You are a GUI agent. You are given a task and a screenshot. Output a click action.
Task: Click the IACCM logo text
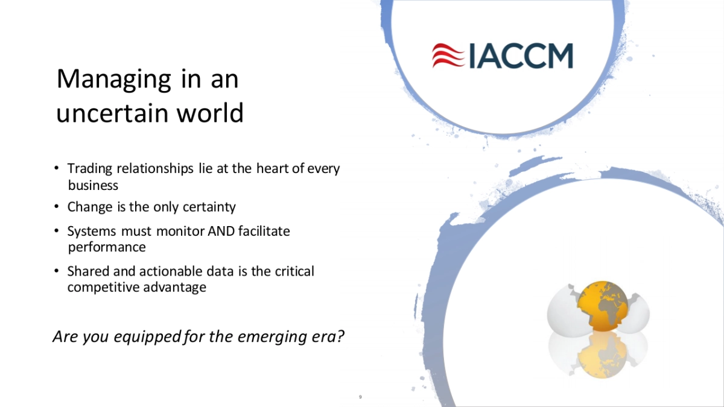(521, 56)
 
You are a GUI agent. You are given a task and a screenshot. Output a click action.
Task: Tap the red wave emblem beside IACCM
(448, 55)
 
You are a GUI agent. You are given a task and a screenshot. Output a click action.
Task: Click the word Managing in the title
(113, 80)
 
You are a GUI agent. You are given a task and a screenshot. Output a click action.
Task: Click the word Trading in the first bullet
(89, 169)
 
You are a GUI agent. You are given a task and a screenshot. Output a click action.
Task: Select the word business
(93, 186)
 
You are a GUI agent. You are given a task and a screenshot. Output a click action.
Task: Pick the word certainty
(209, 207)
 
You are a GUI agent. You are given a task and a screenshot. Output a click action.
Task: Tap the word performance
(107, 247)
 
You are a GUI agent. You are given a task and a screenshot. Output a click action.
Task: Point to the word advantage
(174, 288)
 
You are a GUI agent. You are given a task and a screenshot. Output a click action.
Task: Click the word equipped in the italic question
(147, 337)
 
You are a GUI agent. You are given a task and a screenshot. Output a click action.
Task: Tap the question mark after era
(340, 336)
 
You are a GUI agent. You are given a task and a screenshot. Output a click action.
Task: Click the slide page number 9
(360, 397)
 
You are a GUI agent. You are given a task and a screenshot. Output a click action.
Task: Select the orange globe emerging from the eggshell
(603, 306)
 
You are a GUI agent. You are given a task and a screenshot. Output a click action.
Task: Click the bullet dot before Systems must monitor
(57, 231)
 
